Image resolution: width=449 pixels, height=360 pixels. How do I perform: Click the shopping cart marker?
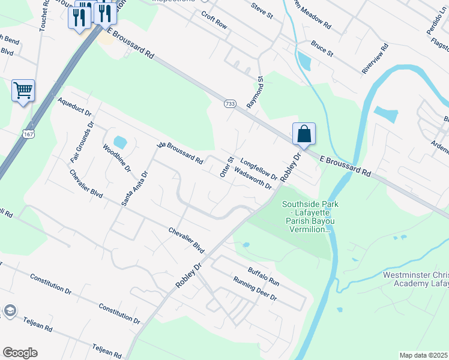(x=23, y=91)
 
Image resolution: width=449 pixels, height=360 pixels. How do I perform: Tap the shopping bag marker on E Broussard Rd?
(x=304, y=134)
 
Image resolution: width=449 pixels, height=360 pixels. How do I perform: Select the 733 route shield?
(x=230, y=104)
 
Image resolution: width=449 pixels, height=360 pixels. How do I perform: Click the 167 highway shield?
(x=28, y=134)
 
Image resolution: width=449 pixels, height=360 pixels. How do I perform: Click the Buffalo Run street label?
(x=264, y=277)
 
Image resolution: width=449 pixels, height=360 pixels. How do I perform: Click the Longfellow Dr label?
(x=259, y=169)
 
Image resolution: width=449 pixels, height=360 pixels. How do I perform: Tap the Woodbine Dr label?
(x=116, y=158)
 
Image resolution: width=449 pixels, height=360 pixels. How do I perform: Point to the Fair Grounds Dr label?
(x=83, y=143)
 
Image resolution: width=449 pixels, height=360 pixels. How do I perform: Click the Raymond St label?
(x=256, y=92)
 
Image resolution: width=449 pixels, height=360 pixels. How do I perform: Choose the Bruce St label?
(x=322, y=49)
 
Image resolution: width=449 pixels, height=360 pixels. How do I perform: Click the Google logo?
(x=20, y=353)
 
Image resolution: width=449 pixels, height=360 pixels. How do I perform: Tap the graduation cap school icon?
(x=10, y=310)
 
